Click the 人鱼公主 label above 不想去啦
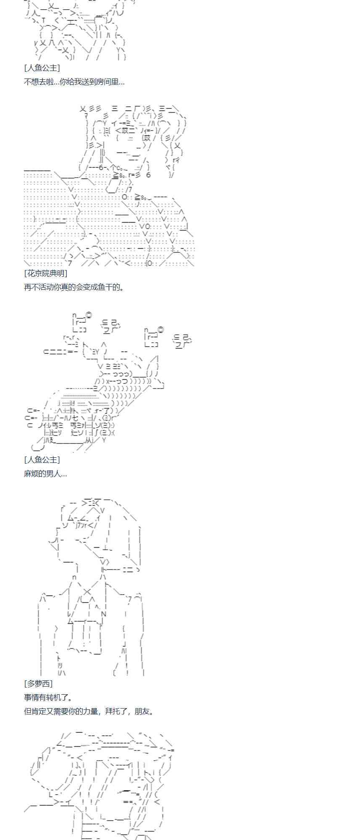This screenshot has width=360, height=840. tap(42, 68)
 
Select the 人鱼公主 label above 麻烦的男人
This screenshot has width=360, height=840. tap(42, 460)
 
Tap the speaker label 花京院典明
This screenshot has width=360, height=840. tap(46, 273)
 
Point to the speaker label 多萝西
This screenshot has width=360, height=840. tap(38, 684)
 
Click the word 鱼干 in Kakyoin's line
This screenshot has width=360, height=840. tap(105, 287)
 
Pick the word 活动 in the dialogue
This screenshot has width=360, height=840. tap(46, 287)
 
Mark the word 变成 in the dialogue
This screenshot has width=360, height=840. tap(90, 287)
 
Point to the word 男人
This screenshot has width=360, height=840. tap(54, 474)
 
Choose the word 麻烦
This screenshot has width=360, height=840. tap(32, 474)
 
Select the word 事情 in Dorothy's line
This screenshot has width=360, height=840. tap(32, 698)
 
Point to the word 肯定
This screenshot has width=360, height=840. tap(39, 711)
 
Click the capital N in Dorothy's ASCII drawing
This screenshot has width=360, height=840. tap(103, 614)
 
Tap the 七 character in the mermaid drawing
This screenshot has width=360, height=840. tap(75, 418)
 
